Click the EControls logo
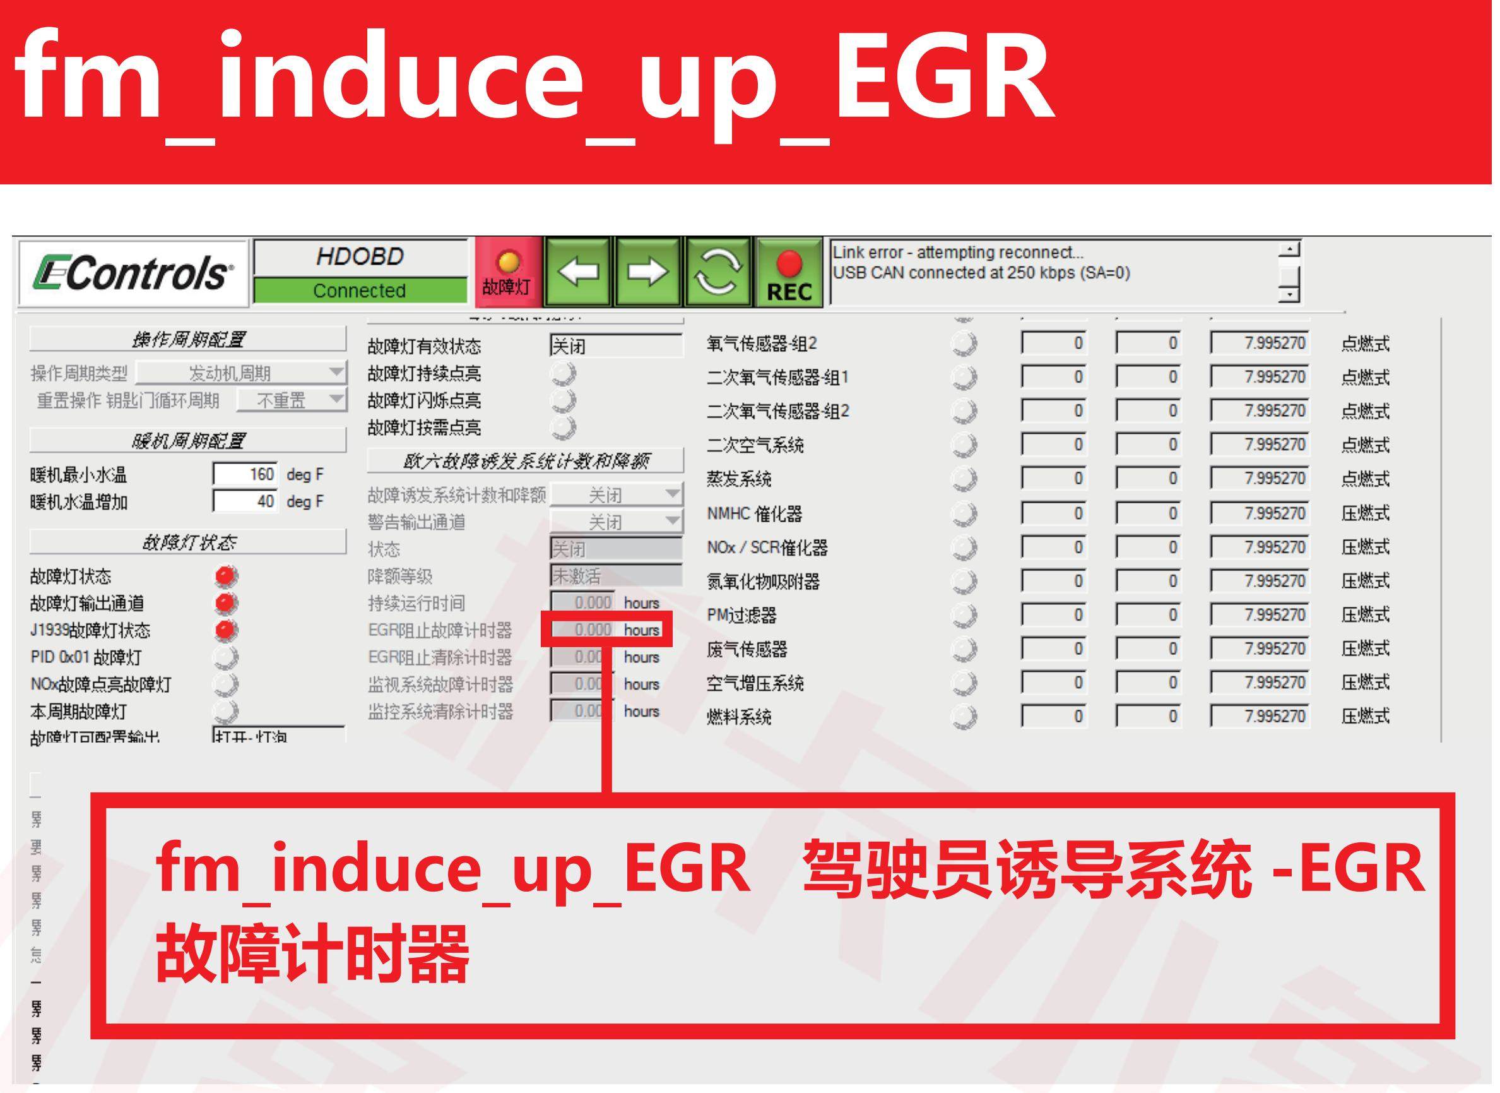[x=133, y=273]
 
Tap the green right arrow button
[x=649, y=272]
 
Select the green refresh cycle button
[x=719, y=272]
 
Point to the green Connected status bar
[x=360, y=290]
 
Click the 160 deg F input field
[x=245, y=474]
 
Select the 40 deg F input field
[x=245, y=501]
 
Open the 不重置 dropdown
[x=292, y=400]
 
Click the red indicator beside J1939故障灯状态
[x=226, y=630]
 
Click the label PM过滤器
[x=741, y=615]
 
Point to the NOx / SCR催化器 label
[x=767, y=548]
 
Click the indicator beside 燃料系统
[x=964, y=717]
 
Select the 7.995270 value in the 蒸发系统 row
[x=1260, y=479]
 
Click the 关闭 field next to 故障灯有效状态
[x=615, y=346]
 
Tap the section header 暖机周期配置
[x=188, y=441]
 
